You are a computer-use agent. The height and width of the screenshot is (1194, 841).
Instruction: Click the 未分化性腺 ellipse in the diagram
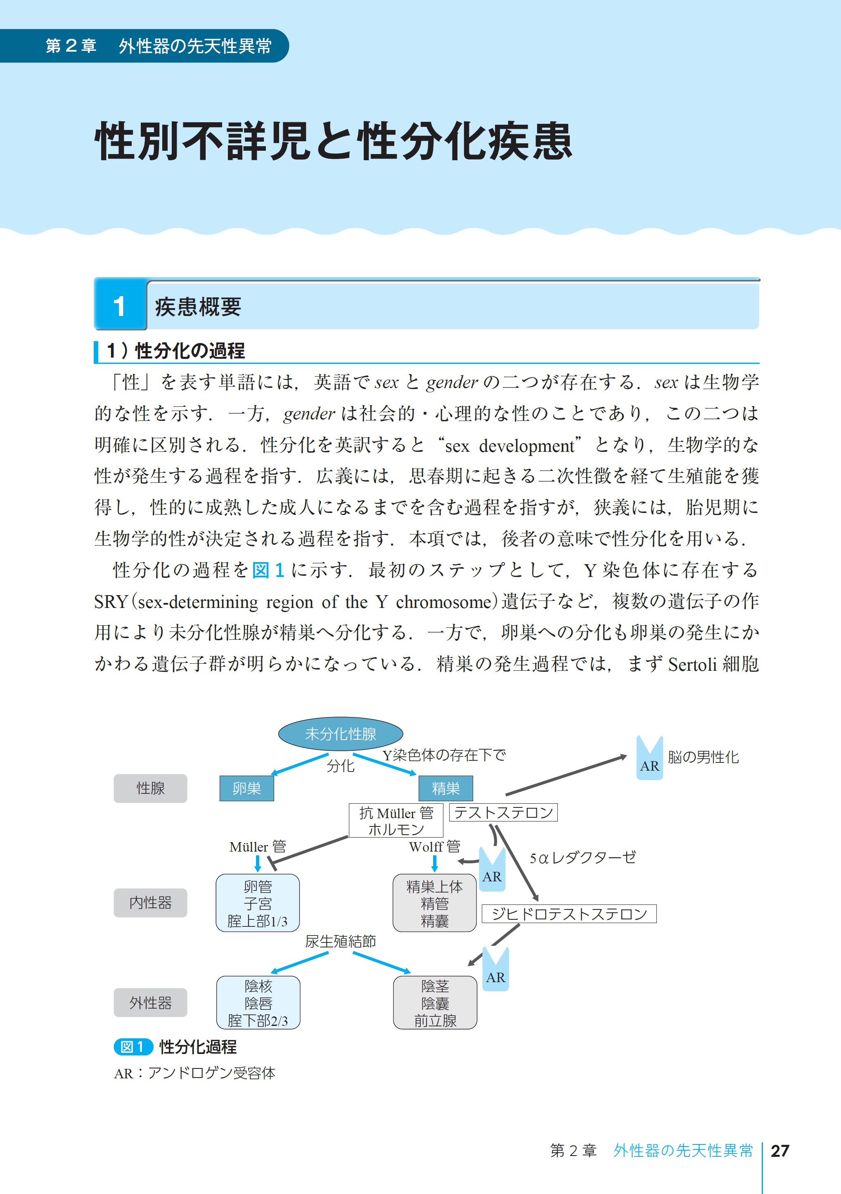(x=341, y=734)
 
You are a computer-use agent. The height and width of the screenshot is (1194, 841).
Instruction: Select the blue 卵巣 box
(x=246, y=788)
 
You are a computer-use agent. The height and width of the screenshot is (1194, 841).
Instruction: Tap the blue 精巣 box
(x=445, y=788)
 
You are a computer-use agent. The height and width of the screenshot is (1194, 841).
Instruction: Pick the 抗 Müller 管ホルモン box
(x=396, y=821)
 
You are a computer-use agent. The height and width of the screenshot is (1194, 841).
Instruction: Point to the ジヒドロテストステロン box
(x=569, y=914)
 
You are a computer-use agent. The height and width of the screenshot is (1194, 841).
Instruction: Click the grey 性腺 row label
(x=150, y=788)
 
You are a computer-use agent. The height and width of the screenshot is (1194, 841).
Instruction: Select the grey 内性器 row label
(x=150, y=903)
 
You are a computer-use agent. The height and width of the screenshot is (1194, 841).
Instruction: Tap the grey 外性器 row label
(x=150, y=1003)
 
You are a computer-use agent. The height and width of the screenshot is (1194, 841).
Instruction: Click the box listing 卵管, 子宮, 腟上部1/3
(x=258, y=903)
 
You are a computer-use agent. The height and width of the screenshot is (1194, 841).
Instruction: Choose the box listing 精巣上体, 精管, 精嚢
(x=434, y=903)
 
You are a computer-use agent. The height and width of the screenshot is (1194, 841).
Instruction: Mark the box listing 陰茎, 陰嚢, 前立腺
(x=435, y=1003)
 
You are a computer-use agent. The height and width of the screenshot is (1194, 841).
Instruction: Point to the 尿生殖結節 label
(x=341, y=941)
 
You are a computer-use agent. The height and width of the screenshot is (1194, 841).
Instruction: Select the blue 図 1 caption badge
(x=133, y=1047)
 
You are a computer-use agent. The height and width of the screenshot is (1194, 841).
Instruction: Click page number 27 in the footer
(x=779, y=1151)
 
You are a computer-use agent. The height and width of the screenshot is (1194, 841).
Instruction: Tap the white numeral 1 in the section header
(x=120, y=306)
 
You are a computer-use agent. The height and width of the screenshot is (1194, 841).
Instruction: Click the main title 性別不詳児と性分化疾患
(x=333, y=141)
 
